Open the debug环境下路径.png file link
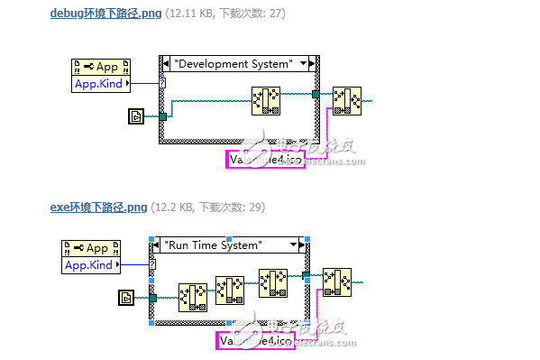tap(98, 14)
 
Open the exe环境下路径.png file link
tap(98, 208)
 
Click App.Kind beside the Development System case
tap(99, 84)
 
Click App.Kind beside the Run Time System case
tap(89, 264)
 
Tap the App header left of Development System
tap(99, 67)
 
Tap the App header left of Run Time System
tap(89, 248)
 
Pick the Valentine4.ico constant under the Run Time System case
tap(254, 341)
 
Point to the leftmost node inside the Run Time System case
tap(192, 296)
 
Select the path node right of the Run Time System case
tap(337, 282)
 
